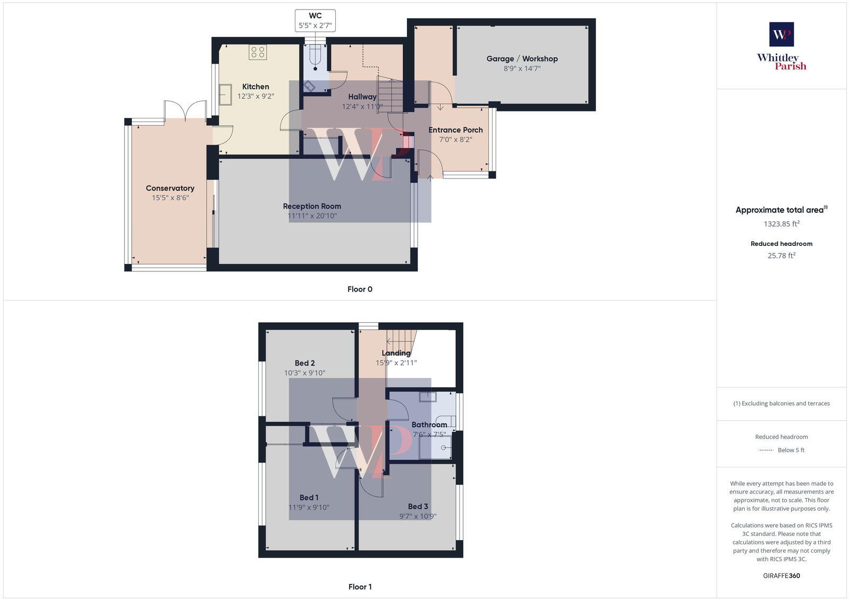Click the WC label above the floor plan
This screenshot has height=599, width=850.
(x=315, y=16)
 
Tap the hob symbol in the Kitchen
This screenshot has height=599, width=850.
(x=258, y=52)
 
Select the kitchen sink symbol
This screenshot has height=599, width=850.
(x=225, y=95)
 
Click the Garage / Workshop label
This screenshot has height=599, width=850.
(x=522, y=58)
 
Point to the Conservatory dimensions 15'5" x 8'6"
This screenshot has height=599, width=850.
(x=170, y=198)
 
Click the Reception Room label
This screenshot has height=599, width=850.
(x=312, y=206)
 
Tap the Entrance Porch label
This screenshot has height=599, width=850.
(x=455, y=130)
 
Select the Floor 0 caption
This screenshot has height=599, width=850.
(x=360, y=289)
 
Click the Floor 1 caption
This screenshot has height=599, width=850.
(x=360, y=587)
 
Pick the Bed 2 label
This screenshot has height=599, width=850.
(x=304, y=363)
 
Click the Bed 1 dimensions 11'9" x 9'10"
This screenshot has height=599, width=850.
(x=309, y=507)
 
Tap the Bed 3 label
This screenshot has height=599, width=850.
(x=418, y=507)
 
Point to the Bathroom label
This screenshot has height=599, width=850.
(x=429, y=425)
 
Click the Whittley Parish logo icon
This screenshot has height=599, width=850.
(x=781, y=35)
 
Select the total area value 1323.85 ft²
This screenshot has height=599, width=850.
(x=781, y=224)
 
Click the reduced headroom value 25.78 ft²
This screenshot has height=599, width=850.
(x=781, y=255)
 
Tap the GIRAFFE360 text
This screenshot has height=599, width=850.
(x=781, y=576)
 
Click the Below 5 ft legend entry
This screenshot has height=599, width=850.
(x=790, y=450)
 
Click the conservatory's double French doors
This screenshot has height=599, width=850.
(x=185, y=110)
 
